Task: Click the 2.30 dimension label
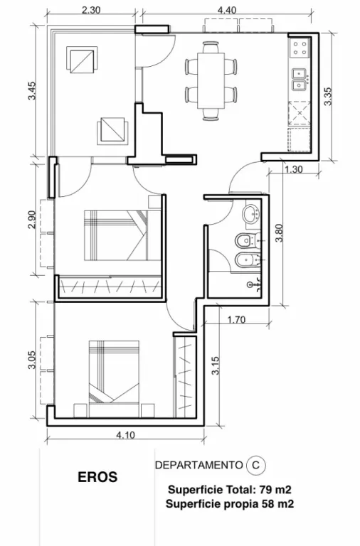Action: pos(91,10)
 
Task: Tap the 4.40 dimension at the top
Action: pos(227,10)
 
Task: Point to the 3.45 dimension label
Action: pos(32,90)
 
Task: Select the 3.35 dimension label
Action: pos(327,96)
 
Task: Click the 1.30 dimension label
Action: pos(293,170)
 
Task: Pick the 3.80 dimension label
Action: pos(279,233)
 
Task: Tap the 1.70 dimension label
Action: pos(236,319)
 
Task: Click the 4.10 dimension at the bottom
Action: pos(125,435)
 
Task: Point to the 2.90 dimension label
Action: pos(32,220)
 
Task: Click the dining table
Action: pos(211,80)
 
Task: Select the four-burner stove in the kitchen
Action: pos(300,48)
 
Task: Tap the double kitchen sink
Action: pos(300,79)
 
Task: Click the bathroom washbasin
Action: pos(252,213)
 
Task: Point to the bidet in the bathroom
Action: pos(248,259)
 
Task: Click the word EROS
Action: pos(97,477)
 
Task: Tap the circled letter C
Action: pos(256,465)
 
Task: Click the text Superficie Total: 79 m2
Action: pos(230,490)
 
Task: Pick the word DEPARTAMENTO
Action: pos(198,465)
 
